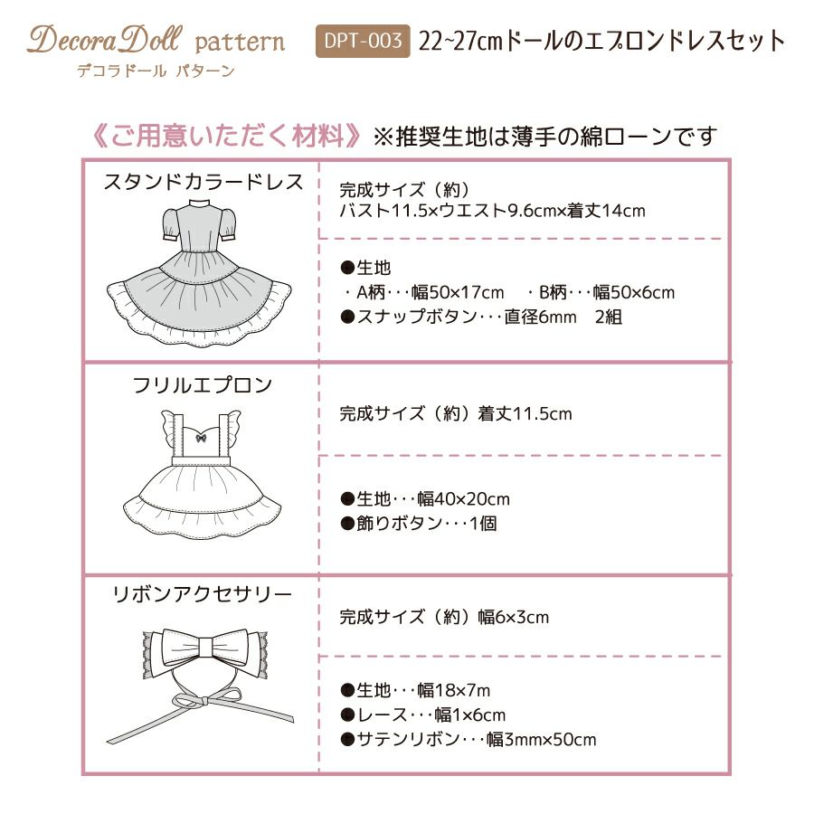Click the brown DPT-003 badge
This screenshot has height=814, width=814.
point(363,41)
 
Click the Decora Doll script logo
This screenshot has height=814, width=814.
point(105,40)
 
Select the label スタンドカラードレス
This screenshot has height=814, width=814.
point(203,182)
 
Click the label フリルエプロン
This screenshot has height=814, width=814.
point(203,385)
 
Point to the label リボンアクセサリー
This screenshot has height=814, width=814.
point(203,594)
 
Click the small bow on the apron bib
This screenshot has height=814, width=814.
point(201,439)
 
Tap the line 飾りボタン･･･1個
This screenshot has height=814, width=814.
point(419,524)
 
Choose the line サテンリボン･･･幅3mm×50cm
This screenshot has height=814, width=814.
point(469,739)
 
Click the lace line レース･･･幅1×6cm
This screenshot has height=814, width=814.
point(422,715)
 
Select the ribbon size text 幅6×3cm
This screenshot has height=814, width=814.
point(514,617)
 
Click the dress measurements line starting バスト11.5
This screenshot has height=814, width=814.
point(492,211)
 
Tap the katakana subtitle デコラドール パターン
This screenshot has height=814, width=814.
point(156,71)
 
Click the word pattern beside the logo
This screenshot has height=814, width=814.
point(240,43)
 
